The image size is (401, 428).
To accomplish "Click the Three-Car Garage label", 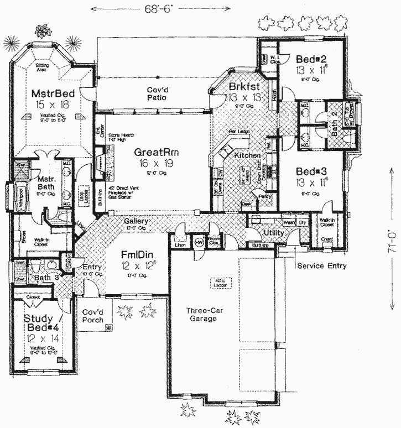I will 201,314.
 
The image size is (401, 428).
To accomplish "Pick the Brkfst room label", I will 243,87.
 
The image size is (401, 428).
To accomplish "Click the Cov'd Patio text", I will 157,93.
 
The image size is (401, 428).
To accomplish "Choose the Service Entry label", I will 322,266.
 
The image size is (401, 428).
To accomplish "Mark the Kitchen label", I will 247,156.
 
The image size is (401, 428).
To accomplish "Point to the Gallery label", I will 136,220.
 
